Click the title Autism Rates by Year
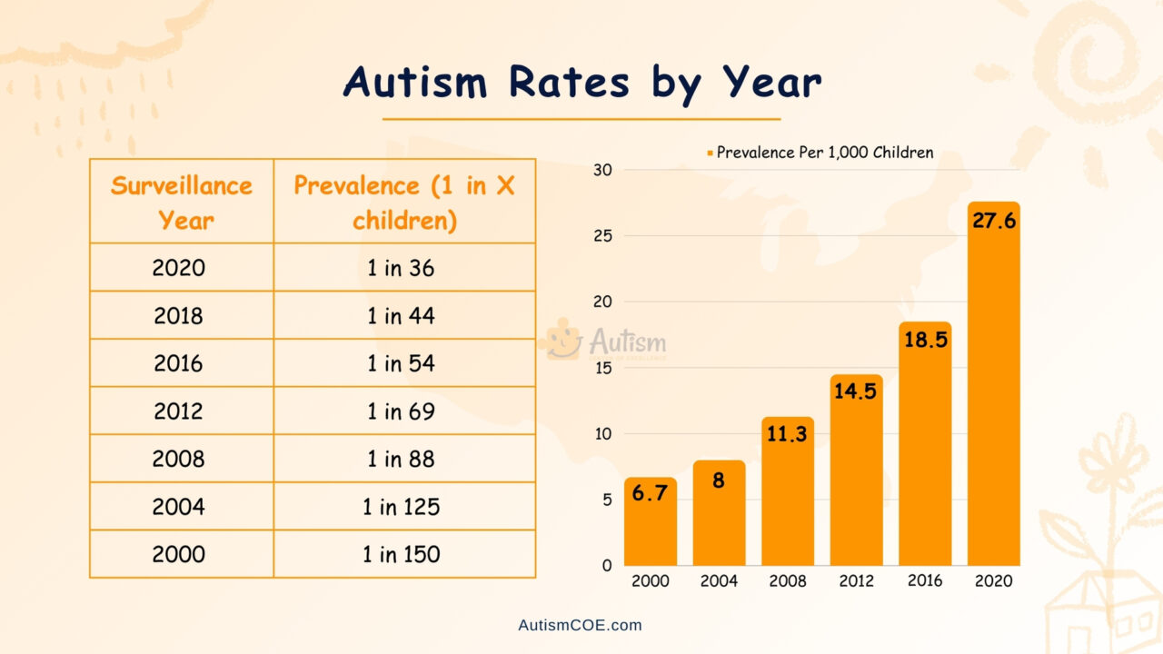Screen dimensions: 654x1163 [581, 83]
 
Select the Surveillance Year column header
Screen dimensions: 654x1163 [181, 202]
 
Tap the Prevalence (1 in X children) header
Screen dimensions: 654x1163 [404, 202]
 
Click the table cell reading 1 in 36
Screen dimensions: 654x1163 [401, 268]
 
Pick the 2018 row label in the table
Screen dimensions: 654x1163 [178, 316]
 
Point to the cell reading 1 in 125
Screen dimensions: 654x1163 [401, 507]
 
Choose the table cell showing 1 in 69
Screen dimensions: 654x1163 [401, 411]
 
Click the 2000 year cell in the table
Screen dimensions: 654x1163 [178, 554]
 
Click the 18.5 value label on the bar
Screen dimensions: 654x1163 [925, 341]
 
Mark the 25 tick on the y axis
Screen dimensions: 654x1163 [602, 236]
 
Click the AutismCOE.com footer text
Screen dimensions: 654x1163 [580, 625]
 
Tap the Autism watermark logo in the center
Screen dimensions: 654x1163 [605, 342]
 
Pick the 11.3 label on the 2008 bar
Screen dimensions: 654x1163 [787, 434]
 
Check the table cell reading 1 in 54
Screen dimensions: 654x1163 [401, 363]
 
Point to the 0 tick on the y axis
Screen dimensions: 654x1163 [607, 565]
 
